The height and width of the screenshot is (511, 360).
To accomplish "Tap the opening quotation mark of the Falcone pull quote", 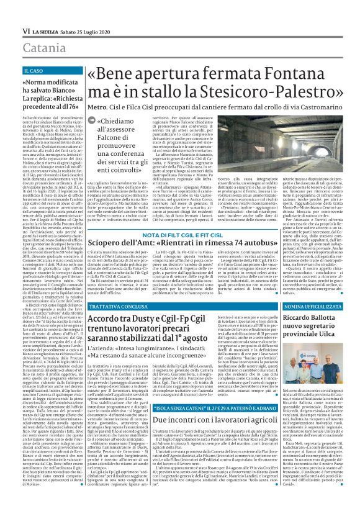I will click(x=100, y=138).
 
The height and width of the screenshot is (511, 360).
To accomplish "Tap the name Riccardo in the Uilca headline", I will click(x=300, y=319).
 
